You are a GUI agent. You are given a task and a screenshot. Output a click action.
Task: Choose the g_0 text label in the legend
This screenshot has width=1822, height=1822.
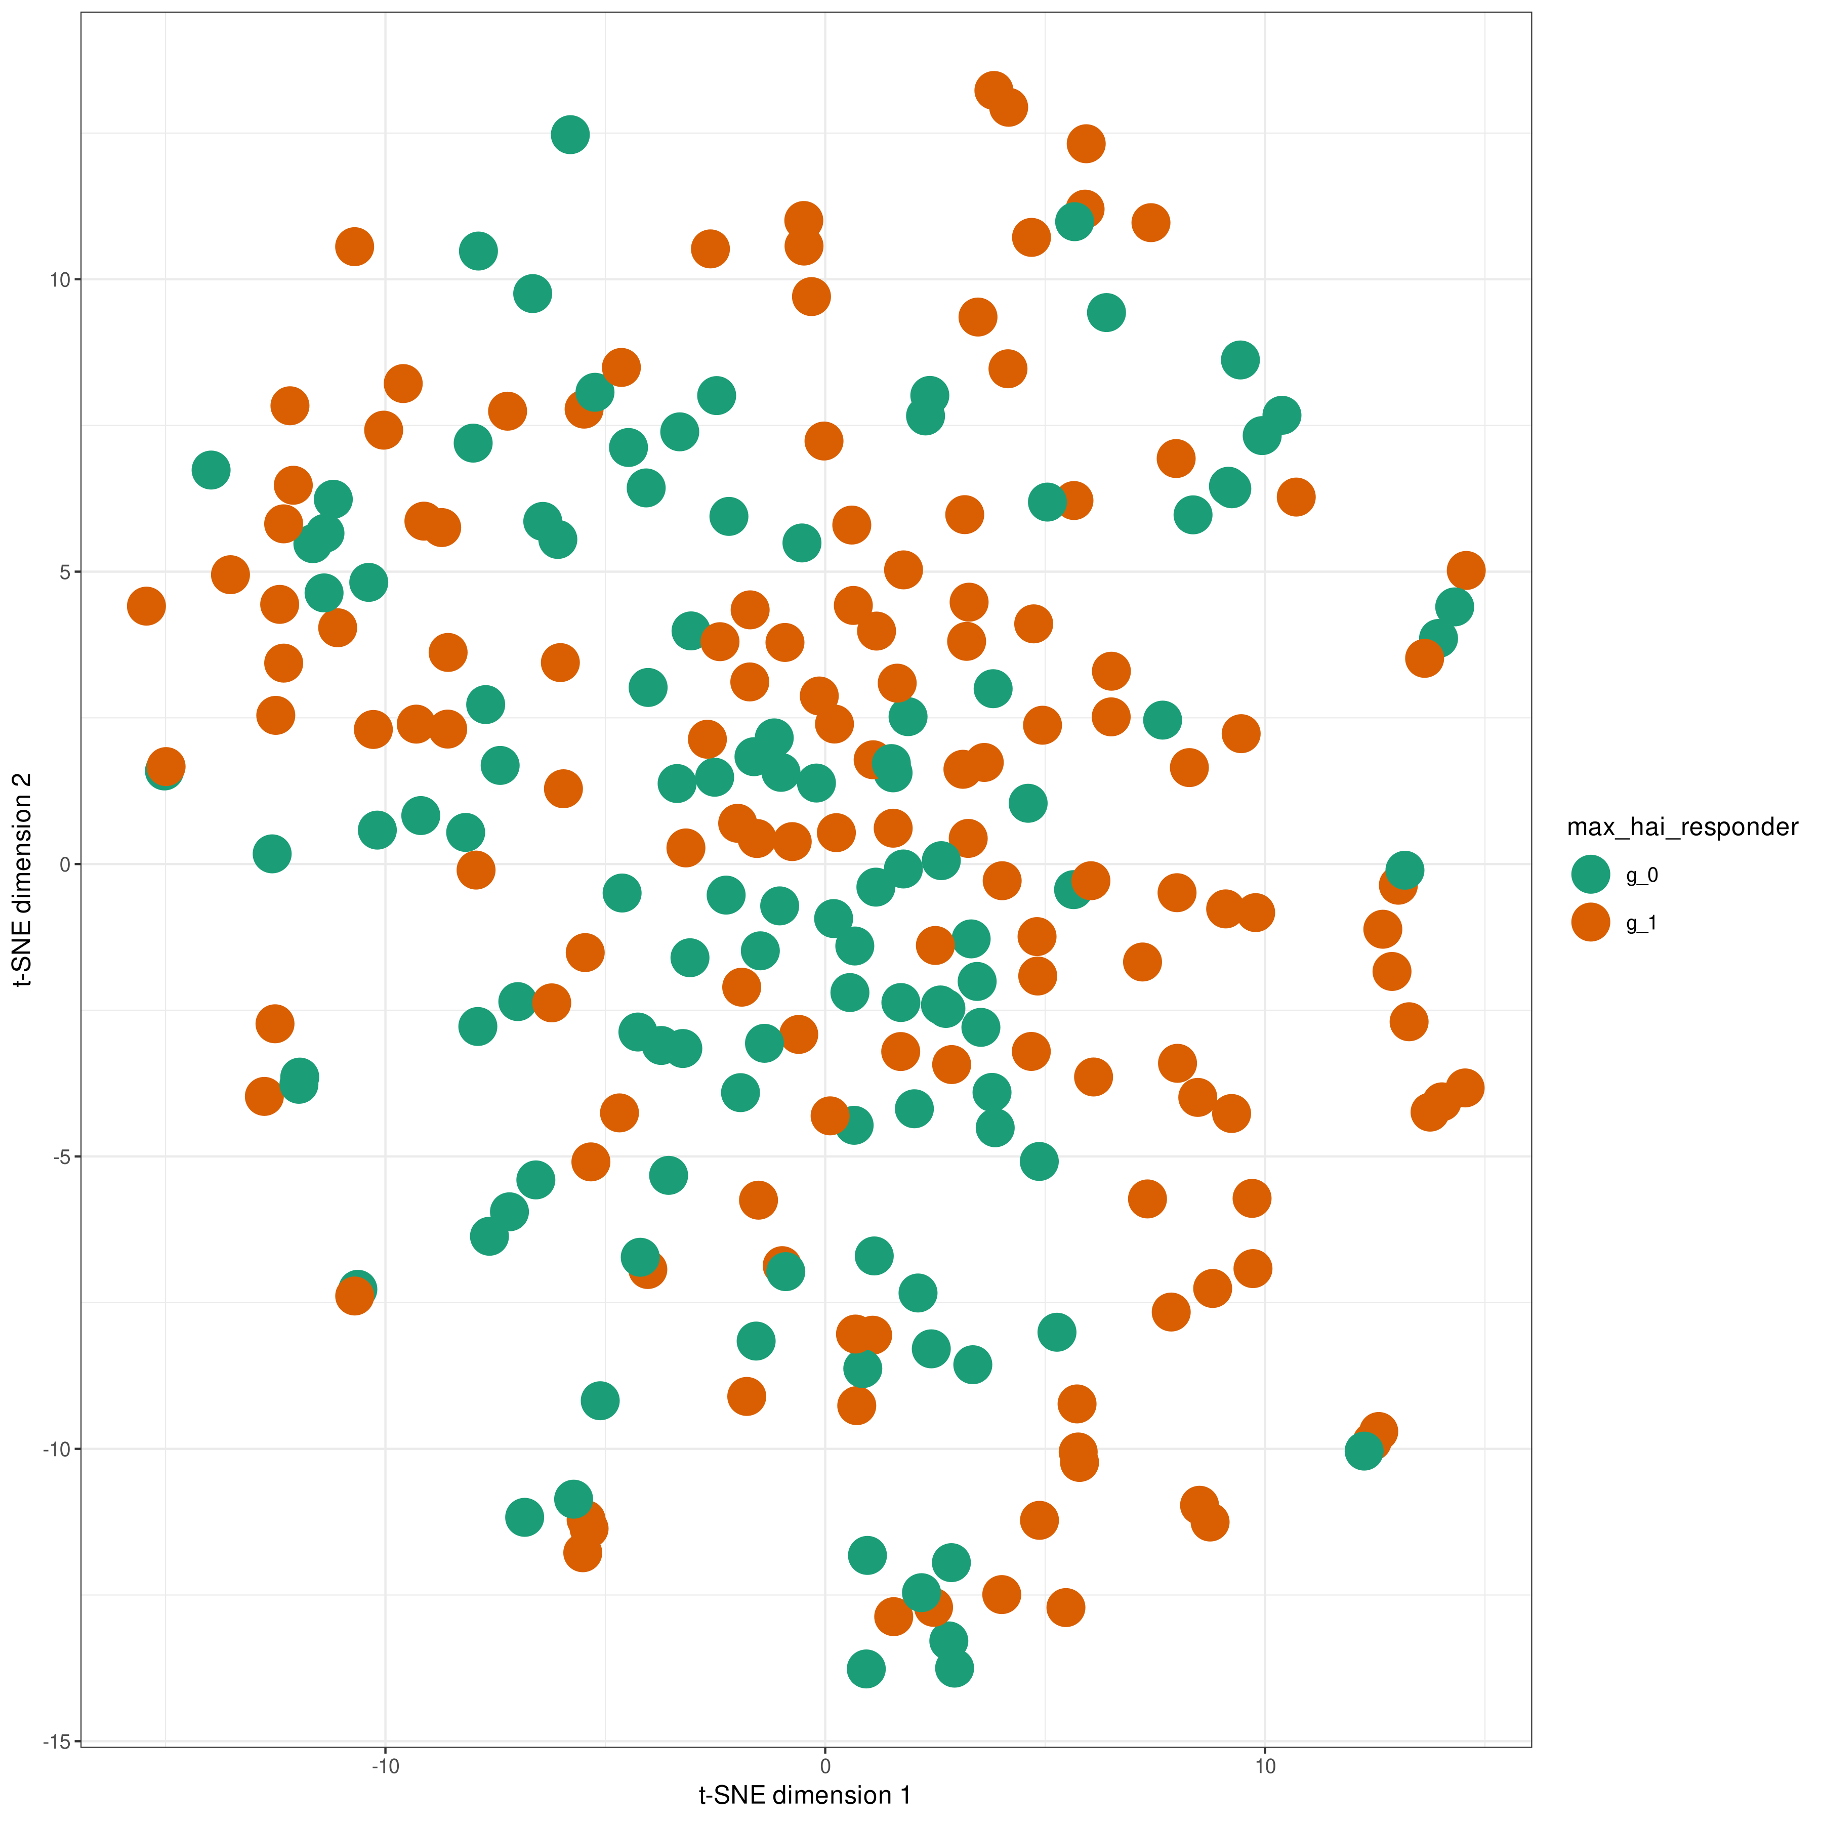coord(1642,875)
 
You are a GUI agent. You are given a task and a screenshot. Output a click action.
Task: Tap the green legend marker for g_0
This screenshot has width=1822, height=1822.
coord(1591,874)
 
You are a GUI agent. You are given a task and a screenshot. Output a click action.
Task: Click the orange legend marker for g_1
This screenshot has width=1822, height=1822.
coord(1591,922)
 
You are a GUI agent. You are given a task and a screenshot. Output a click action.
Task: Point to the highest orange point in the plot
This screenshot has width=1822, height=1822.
coord(993,91)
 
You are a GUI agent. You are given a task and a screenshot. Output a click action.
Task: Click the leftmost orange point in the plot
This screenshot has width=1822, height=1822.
coord(146,605)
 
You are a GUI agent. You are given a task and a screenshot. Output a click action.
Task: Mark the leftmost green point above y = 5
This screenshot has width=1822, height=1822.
coord(211,470)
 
